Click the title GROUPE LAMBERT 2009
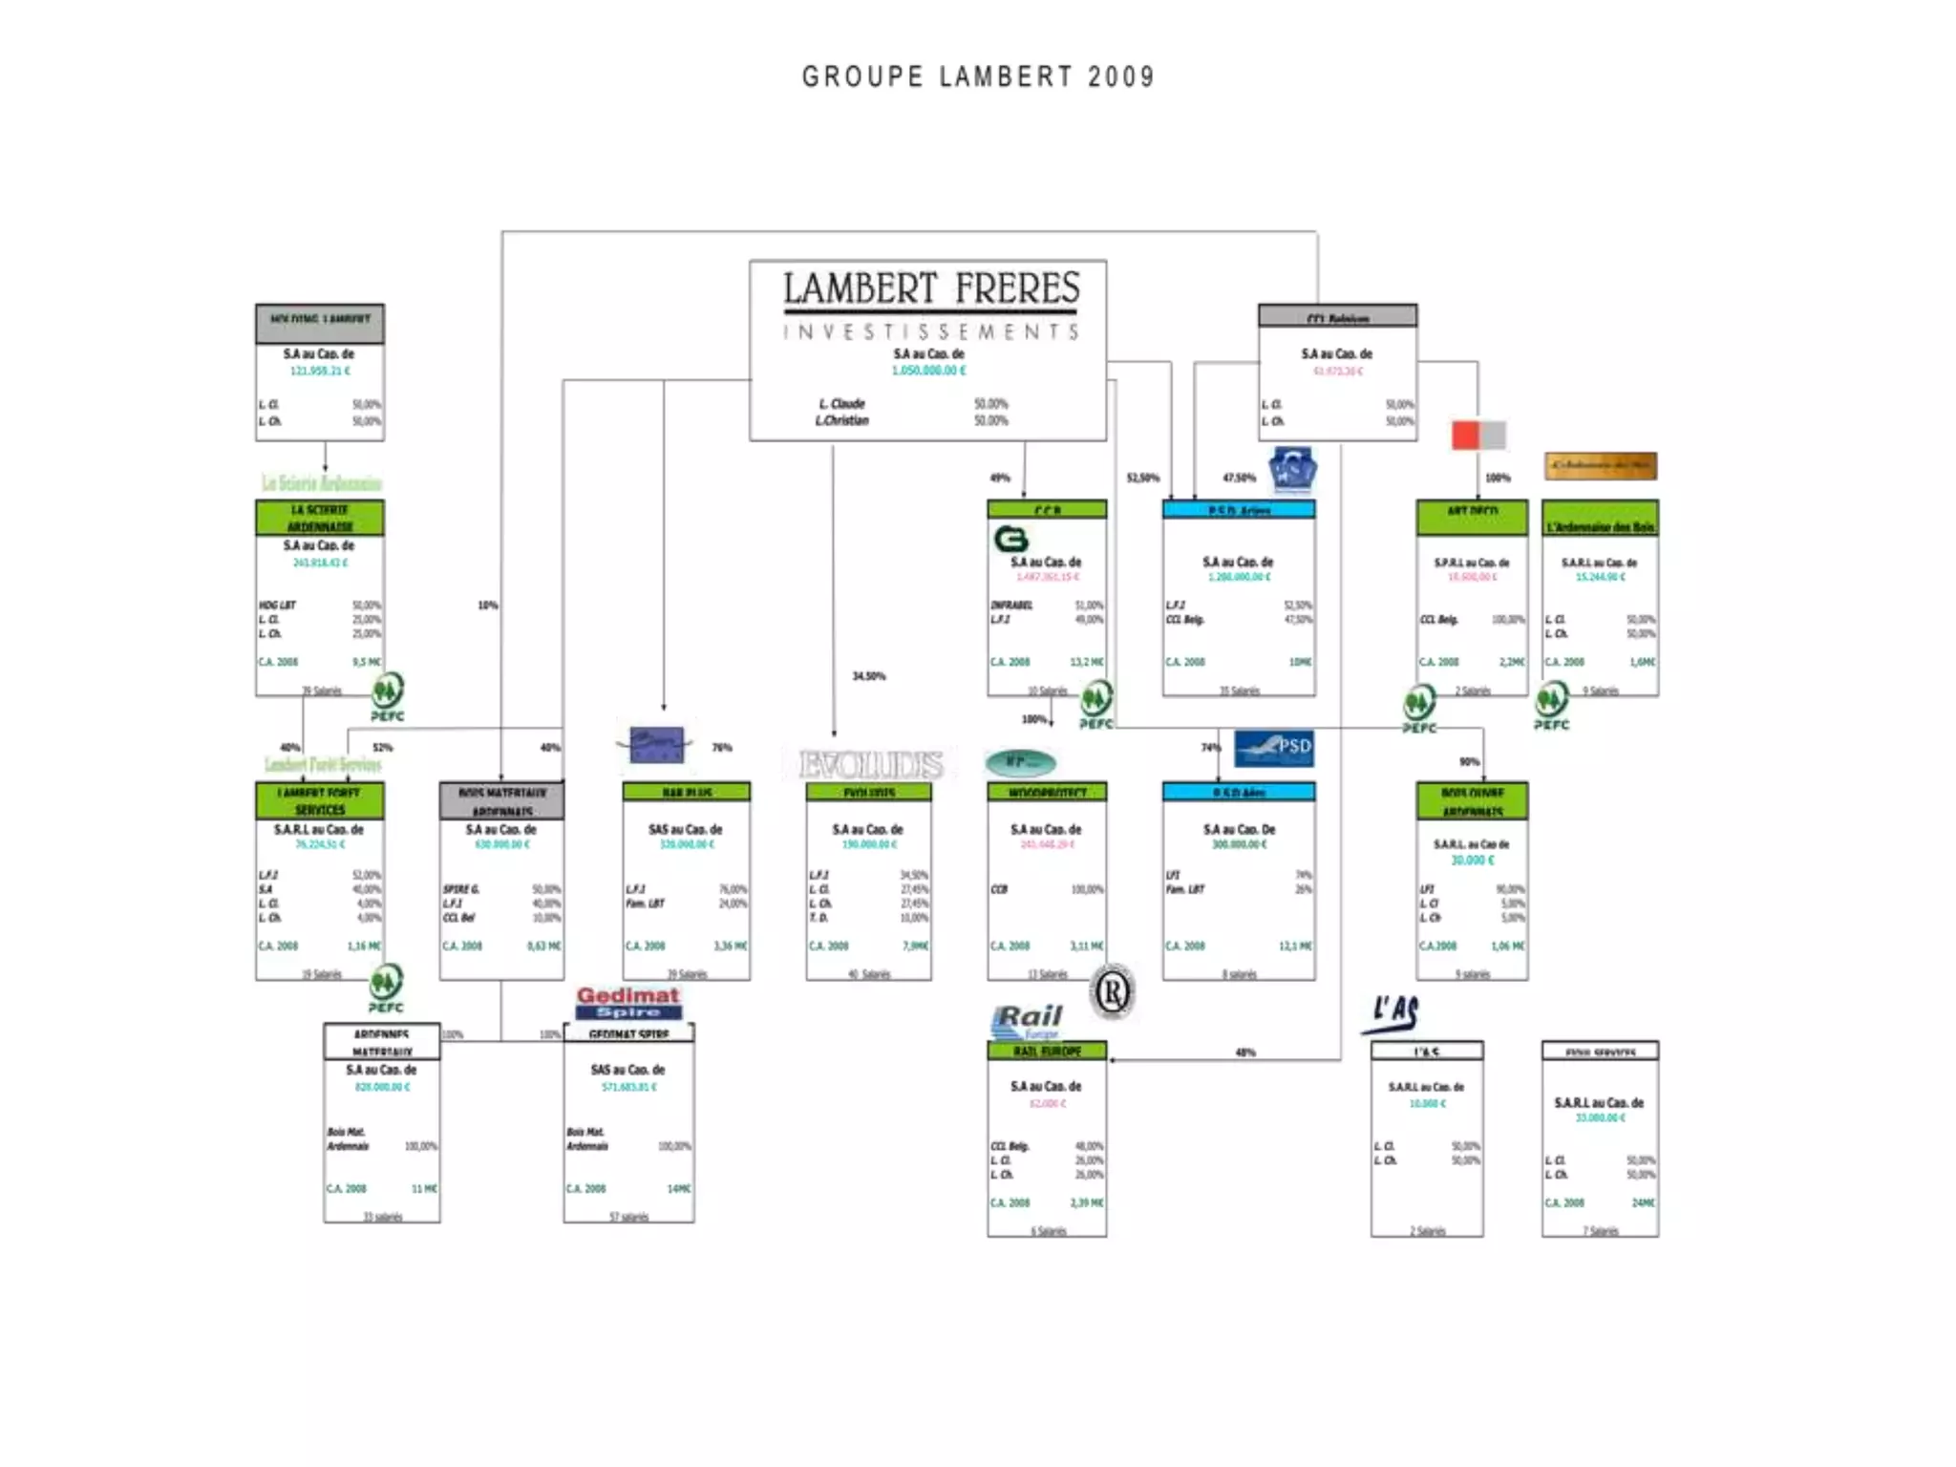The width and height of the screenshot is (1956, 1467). click(x=978, y=76)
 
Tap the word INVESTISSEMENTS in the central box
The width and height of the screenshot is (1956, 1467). click(x=930, y=331)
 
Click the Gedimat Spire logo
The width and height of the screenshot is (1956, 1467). click(x=627, y=1002)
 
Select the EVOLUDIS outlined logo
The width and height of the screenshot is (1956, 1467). click(x=870, y=764)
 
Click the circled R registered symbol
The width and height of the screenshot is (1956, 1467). click(x=1113, y=993)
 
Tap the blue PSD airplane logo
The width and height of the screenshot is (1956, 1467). click(x=1273, y=748)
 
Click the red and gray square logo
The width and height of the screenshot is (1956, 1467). click(x=1478, y=435)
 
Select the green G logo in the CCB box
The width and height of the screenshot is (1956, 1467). click(x=1010, y=540)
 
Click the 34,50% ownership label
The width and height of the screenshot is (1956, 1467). click(x=868, y=676)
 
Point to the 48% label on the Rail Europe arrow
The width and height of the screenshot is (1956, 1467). click(x=1245, y=1052)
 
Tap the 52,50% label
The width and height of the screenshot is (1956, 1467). click(x=1142, y=478)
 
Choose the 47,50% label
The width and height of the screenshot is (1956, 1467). click(x=1239, y=478)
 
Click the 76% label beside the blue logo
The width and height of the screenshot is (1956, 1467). click(x=722, y=748)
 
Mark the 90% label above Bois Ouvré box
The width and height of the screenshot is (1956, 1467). click(x=1469, y=762)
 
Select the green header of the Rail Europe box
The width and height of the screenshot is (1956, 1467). click(x=1047, y=1051)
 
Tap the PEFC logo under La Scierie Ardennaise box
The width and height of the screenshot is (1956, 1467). click(x=387, y=696)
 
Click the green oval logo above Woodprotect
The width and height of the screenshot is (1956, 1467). click(x=1020, y=762)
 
